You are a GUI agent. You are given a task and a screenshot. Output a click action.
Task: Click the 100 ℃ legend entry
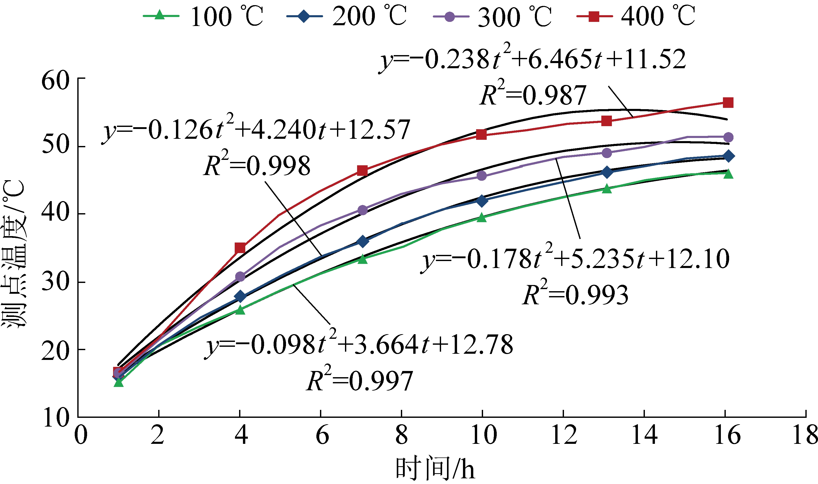point(203,16)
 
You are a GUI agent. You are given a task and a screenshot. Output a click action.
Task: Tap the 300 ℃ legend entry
point(492,16)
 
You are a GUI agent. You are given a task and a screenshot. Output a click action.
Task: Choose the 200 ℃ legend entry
point(347,16)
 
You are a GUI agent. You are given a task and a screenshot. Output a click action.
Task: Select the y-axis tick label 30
point(55,282)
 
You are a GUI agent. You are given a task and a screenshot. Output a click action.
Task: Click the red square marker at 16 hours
point(728,103)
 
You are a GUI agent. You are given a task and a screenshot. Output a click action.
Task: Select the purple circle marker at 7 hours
point(362,210)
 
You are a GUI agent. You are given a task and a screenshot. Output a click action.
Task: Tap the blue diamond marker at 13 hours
point(606,172)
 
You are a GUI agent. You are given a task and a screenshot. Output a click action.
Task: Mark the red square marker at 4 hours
point(240,248)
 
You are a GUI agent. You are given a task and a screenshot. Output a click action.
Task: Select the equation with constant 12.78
point(359,345)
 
